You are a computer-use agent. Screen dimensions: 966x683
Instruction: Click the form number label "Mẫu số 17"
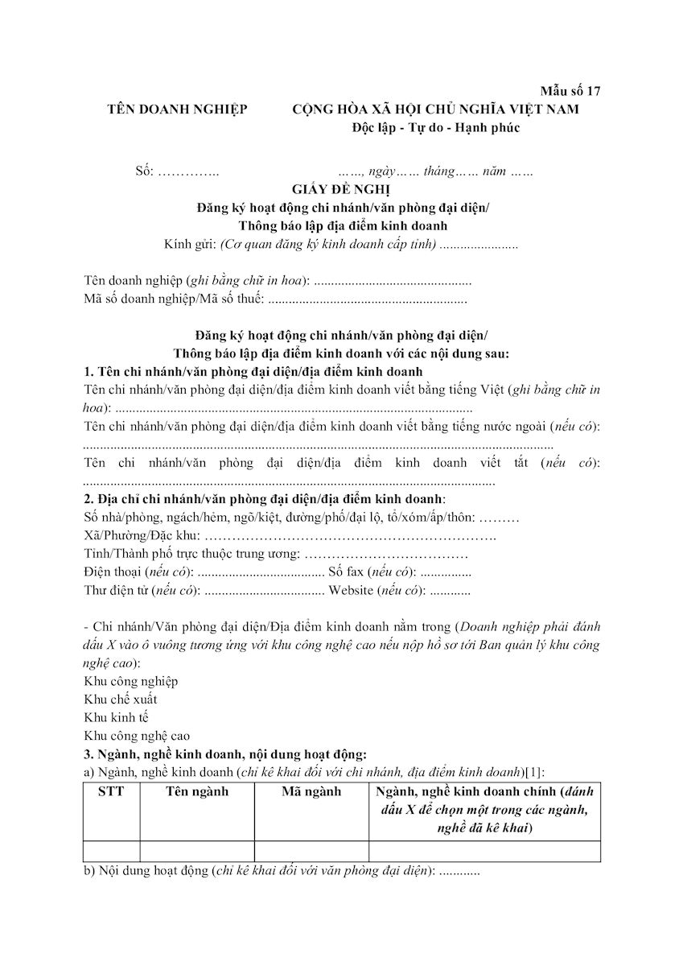570,90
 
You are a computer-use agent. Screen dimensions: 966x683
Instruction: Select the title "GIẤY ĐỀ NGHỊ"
342,189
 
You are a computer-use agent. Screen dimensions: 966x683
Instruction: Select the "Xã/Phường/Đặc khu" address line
142,535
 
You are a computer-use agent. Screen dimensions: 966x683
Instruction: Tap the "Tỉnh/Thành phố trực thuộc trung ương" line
192,554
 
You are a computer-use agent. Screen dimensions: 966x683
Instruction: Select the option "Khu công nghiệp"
131,681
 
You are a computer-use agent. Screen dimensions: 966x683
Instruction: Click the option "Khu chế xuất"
121,699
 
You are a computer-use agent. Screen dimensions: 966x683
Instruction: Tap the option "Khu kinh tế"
116,717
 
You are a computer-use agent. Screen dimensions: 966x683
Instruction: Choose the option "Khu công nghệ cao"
137,735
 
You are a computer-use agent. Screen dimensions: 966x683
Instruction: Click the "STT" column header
111,791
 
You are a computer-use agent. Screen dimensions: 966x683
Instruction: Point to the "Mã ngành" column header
311,791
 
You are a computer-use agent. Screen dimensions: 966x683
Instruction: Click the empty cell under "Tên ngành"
197,851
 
